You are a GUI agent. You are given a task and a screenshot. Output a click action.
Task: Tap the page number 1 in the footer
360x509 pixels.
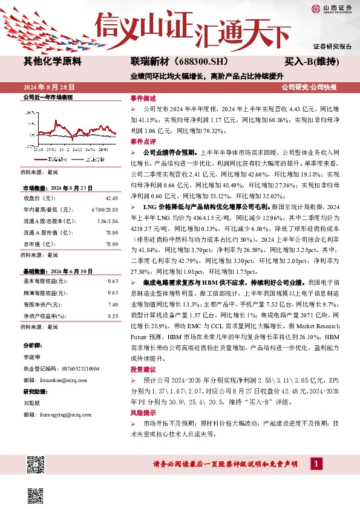point(315,463)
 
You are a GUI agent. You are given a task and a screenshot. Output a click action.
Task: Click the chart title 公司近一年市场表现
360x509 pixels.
point(48,97)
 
